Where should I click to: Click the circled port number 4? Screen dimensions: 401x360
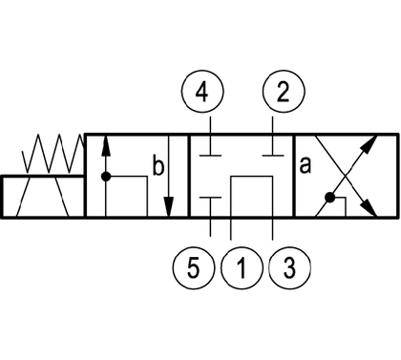(202, 92)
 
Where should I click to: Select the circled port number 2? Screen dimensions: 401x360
(284, 92)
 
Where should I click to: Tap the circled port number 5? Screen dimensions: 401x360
(194, 267)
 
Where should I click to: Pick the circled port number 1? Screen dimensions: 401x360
(242, 267)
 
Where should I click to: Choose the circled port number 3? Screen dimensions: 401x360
(289, 267)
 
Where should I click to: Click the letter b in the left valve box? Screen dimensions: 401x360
(158, 165)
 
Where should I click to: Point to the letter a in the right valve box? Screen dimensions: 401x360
(305, 166)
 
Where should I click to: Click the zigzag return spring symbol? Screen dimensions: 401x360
(53, 154)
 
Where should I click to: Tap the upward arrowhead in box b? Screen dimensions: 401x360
(106, 146)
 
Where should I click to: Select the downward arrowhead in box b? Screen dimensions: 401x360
(169, 207)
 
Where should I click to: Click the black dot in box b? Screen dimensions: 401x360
(106, 177)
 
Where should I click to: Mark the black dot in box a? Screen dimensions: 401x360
(330, 198)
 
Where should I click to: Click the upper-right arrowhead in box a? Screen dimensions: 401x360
(369, 144)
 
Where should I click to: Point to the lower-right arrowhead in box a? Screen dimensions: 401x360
(369, 208)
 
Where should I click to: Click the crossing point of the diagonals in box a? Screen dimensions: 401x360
(346, 176)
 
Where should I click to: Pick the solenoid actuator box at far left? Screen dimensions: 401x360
(43, 197)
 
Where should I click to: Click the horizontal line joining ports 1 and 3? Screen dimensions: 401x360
(252, 176)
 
